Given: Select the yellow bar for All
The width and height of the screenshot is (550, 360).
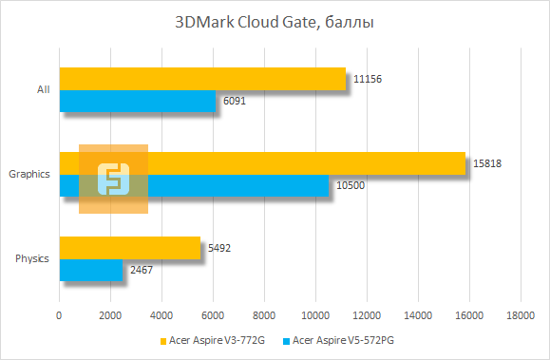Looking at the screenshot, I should click(x=202, y=79).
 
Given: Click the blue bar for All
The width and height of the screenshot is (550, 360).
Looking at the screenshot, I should click(x=138, y=101).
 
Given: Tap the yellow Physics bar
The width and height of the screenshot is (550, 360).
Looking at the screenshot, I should click(x=130, y=248).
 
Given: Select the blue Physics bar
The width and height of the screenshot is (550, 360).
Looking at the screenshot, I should click(x=91, y=270).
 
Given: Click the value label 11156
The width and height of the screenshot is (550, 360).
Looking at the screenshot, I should click(x=367, y=79).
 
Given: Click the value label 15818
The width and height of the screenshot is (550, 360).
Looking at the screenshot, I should click(x=486, y=163).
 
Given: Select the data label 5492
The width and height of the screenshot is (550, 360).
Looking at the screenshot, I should click(x=220, y=248).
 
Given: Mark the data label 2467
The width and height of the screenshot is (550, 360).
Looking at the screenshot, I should click(x=142, y=270).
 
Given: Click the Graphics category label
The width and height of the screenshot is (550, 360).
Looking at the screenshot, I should click(x=28, y=174).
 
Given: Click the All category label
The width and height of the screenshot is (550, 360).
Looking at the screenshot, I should click(x=43, y=90).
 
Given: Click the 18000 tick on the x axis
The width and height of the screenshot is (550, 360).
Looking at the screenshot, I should click(x=520, y=315).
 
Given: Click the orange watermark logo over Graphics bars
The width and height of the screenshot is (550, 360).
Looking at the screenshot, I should click(x=113, y=179).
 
